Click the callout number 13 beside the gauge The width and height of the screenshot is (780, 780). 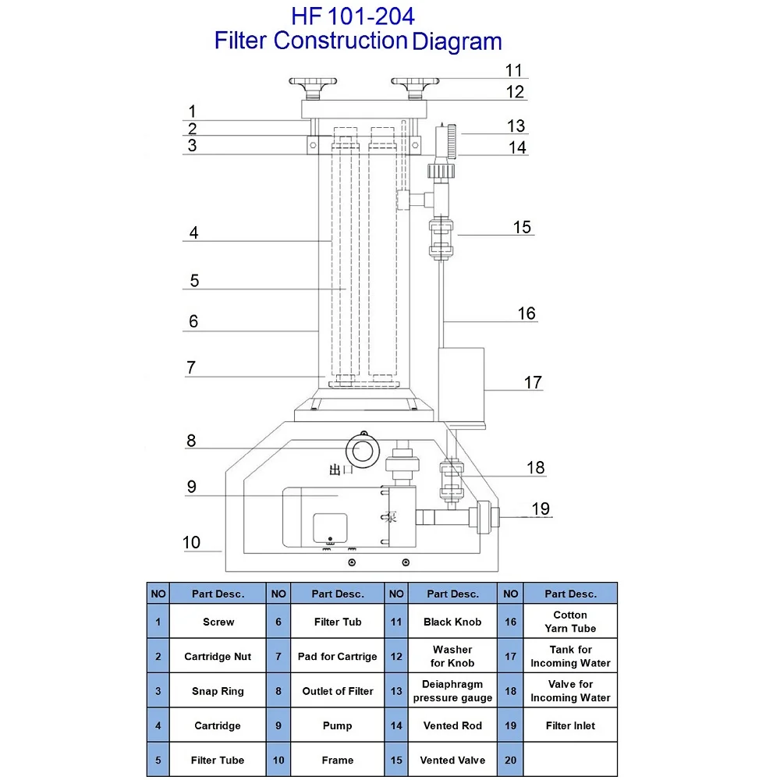tap(516, 126)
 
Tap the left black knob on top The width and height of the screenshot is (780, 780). tap(313, 83)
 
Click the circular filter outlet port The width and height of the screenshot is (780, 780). tap(362, 450)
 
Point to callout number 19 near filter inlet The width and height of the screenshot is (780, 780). tap(541, 509)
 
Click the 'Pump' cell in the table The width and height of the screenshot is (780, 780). tap(337, 725)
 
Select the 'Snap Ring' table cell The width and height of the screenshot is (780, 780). tap(218, 691)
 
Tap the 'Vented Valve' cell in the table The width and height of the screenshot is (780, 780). tap(452, 760)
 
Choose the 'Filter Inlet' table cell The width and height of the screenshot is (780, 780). tap(570, 725)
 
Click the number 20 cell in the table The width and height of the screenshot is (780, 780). tap(511, 760)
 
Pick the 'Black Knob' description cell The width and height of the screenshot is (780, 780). tap(452, 622)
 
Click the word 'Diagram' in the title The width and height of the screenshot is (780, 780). tap(457, 41)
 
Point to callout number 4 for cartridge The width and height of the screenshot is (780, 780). tap(193, 232)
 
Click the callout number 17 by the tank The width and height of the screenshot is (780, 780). tap(533, 382)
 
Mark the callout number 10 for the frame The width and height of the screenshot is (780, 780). tap(192, 542)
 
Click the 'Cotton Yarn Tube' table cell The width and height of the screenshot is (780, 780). tap(570, 622)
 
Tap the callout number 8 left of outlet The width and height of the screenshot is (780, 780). tap(191, 441)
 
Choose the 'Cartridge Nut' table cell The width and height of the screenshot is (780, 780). tap(218, 657)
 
